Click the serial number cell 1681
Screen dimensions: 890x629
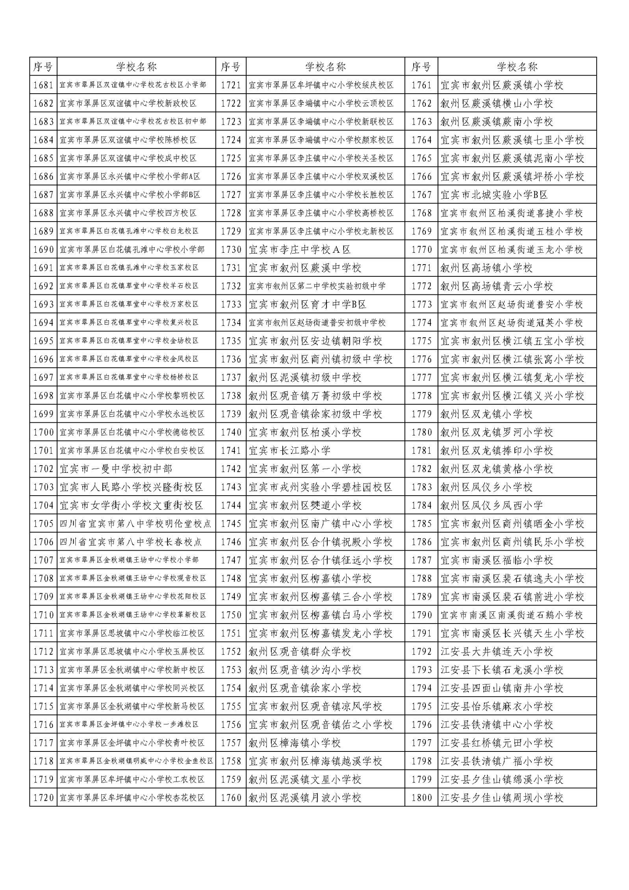pos(43,85)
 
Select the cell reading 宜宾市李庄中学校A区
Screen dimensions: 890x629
pos(300,250)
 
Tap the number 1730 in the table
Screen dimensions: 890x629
pos(231,250)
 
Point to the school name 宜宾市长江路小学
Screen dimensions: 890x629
pos(289,450)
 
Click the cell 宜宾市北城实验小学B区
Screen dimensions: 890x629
pos(494,195)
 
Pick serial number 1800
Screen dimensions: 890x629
pos(421,786)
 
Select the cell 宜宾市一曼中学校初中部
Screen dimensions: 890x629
pos(116,469)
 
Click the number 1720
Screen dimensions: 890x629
pos(43,786)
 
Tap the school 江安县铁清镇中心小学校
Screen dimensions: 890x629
pos(497,725)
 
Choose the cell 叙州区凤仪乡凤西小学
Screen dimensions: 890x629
pos(492,505)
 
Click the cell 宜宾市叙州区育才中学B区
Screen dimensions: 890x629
pos(308,304)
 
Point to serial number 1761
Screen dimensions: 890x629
pos(421,85)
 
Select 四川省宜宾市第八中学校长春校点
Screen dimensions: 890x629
pos(131,542)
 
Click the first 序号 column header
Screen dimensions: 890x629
pos(43,67)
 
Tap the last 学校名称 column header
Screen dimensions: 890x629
pos(517,67)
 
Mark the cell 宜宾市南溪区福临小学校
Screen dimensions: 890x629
pos(497,560)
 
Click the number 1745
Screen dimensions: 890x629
pos(231,524)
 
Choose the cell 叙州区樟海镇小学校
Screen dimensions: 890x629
pos(295,743)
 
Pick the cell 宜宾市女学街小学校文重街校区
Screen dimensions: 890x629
pos(131,505)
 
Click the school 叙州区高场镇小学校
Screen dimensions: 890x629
pos(486,268)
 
